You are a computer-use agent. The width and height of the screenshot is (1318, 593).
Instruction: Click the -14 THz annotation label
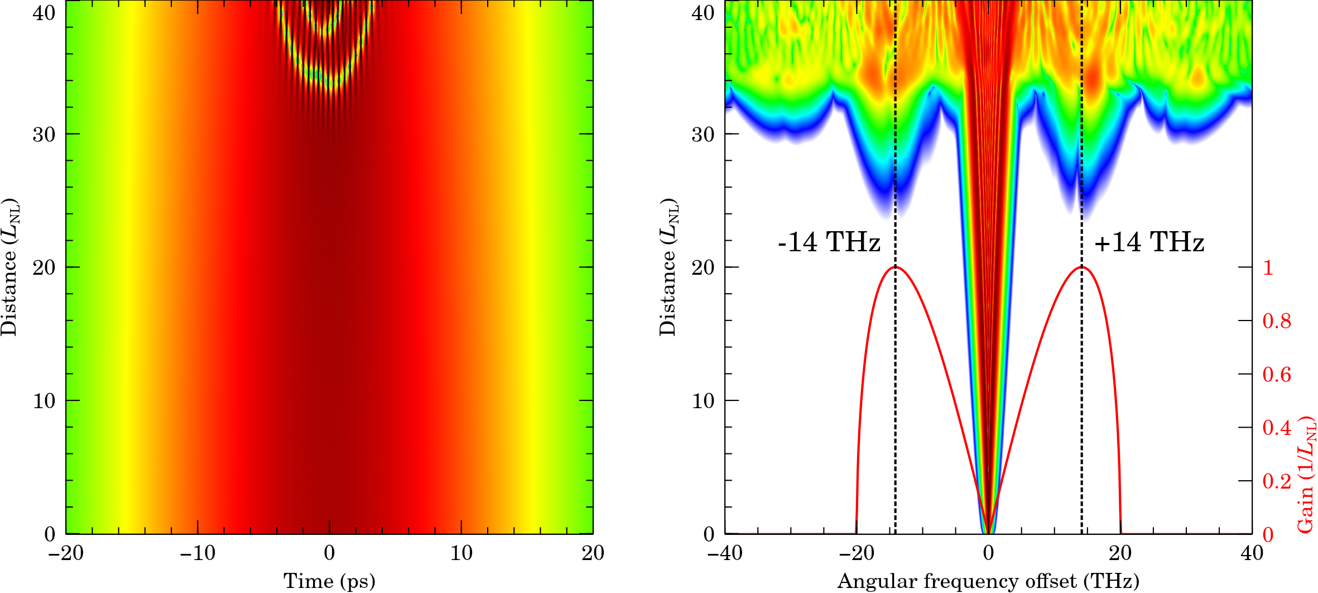[829, 242]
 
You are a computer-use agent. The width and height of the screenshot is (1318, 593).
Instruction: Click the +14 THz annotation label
[1149, 242]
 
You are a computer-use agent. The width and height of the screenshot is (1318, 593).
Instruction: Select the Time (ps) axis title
[329, 581]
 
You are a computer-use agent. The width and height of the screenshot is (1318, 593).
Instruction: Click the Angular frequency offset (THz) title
[988, 581]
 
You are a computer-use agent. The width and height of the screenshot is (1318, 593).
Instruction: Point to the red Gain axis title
[1306, 475]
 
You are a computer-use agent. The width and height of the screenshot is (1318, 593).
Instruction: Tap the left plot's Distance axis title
[9, 267]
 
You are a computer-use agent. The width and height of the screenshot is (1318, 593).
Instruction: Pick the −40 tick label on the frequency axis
[725, 553]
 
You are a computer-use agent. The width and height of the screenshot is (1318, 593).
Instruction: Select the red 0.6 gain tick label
[1277, 374]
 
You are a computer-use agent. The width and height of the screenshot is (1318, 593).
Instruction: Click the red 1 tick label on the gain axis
[1268, 267]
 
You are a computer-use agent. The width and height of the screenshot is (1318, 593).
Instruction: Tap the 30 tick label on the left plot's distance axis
[44, 135]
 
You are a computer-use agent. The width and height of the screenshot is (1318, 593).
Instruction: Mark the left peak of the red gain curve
[895, 267]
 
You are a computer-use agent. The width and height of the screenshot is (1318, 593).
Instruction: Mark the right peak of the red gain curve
[1081, 267]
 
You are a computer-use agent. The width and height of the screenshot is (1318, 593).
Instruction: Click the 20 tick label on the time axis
[593, 553]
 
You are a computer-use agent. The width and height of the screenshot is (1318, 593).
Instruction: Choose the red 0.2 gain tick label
[1277, 481]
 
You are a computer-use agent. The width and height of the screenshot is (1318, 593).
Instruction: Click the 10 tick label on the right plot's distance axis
[703, 401]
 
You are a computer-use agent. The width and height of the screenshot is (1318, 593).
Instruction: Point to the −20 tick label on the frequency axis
[857, 553]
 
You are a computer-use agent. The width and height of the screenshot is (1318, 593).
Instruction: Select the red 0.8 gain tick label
[1277, 321]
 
